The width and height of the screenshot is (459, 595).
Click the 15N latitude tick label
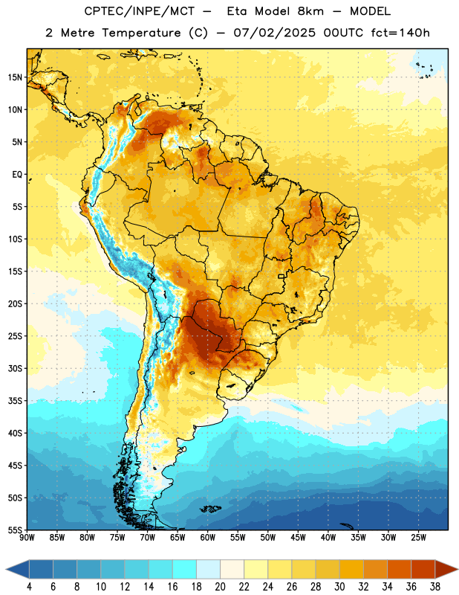tap(15, 77)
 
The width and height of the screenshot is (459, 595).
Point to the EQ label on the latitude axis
tap(17, 175)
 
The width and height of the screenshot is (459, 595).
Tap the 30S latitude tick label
tap(15, 368)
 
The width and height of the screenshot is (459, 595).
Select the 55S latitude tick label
tap(15, 530)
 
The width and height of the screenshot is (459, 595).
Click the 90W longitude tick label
tap(27, 538)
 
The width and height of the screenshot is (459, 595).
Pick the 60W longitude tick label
tap(208, 538)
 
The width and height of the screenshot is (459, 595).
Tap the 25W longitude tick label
tap(418, 538)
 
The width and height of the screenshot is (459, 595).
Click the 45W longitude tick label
tap(298, 538)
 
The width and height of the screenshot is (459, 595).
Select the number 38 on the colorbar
tap(435, 587)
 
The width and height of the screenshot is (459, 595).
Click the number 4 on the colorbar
tap(29, 587)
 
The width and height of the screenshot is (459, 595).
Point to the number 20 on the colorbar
tap(220, 587)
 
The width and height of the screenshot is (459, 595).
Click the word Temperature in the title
tap(141, 33)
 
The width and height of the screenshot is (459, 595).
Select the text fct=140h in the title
tap(400, 33)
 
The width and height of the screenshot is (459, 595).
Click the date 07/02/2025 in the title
tap(274, 33)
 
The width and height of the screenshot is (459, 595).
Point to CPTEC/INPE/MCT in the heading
tap(140, 11)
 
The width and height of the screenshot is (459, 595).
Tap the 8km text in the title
tap(310, 11)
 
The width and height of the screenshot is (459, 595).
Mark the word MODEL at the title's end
tap(370, 11)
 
